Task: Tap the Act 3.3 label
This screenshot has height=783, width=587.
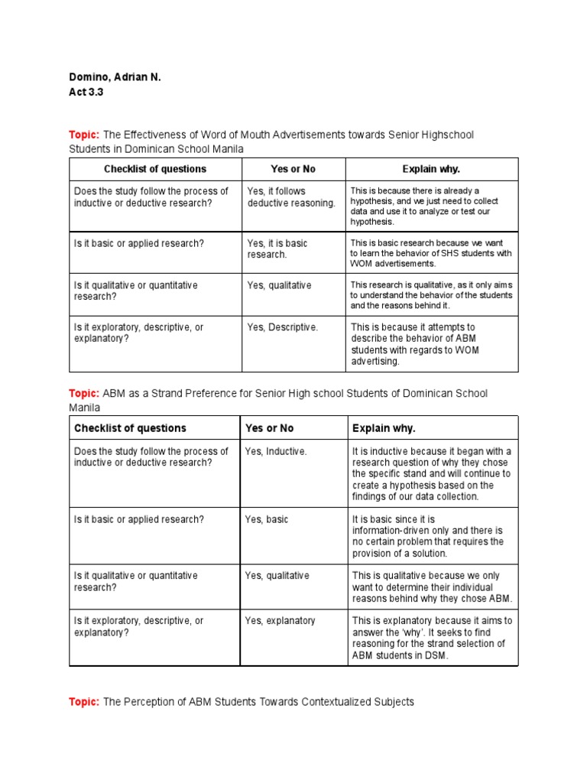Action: [86, 92]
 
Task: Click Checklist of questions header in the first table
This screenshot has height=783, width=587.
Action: [155, 169]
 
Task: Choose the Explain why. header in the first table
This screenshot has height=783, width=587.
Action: [431, 169]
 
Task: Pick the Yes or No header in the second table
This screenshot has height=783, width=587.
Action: [269, 428]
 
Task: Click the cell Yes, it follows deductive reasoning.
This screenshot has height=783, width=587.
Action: [291, 197]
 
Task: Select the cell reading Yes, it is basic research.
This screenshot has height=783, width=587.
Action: [277, 249]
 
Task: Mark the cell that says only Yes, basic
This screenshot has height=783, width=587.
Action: [267, 519]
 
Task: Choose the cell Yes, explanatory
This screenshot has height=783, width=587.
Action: [280, 621]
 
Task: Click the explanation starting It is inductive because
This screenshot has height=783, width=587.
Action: [432, 473]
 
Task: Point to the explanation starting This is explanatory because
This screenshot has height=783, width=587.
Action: [432, 638]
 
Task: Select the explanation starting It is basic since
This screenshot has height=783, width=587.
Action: [428, 536]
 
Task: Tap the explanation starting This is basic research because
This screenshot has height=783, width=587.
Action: [431, 253]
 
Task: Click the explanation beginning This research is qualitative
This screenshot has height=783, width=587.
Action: [431, 295]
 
